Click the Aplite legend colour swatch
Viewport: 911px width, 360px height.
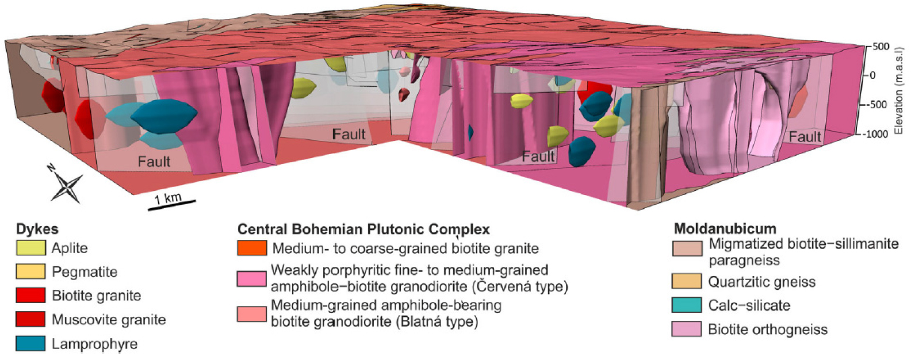click(31, 248)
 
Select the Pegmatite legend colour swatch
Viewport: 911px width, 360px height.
click(31, 271)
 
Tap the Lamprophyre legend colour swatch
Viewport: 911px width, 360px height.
click(31, 343)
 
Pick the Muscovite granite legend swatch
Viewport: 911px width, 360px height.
click(31, 319)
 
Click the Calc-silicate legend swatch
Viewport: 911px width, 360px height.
click(687, 305)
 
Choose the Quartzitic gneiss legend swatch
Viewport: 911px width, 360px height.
click(687, 281)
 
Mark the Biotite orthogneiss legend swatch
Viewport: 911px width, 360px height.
click(687, 329)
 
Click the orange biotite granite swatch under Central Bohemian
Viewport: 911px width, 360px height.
click(252, 248)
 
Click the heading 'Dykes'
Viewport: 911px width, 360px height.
click(37, 229)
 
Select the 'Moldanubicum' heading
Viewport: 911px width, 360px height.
click(725, 228)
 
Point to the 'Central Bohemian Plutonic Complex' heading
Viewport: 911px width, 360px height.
click(363, 229)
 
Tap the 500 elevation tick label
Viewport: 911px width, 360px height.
click(881, 47)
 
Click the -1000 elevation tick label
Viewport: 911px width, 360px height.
click(875, 134)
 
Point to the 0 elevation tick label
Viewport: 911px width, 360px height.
click(872, 76)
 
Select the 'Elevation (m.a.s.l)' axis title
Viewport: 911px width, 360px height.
click(899, 90)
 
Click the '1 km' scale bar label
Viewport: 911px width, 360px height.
click(168, 198)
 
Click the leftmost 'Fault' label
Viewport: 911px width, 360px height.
click(154, 162)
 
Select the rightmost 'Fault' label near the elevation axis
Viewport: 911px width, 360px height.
click(805, 137)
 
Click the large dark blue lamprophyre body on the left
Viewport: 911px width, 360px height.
click(164, 116)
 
